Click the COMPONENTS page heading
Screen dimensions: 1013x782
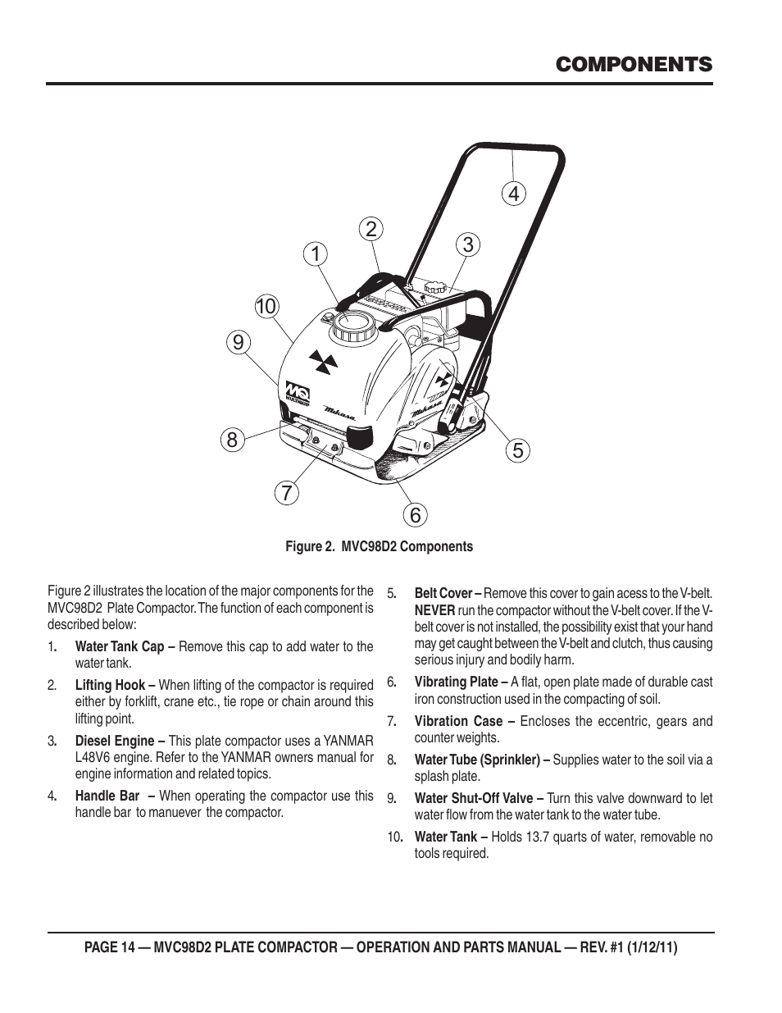tap(632, 65)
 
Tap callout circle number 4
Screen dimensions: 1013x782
tap(514, 194)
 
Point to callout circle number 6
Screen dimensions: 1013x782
tap(416, 515)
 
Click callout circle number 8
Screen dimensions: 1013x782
tap(232, 440)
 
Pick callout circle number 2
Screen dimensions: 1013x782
tap(371, 229)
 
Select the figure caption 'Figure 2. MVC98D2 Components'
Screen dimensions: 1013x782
tap(379, 546)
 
